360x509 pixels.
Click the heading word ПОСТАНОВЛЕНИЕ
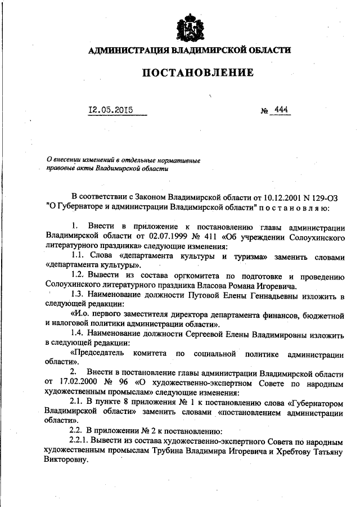click(x=190, y=73)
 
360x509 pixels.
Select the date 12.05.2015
click(x=110, y=110)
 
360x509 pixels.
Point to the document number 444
click(x=280, y=110)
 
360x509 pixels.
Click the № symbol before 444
click(x=264, y=111)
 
